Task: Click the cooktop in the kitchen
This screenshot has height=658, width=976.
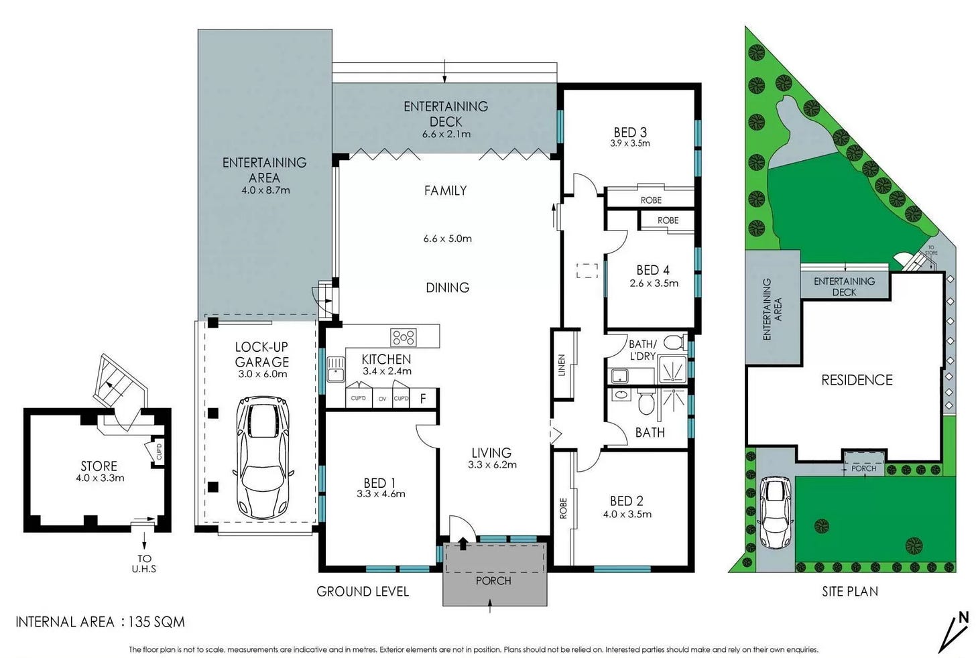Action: click(x=404, y=337)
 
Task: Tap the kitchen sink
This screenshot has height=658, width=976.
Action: click(x=335, y=369)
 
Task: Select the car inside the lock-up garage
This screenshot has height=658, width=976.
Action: click(x=262, y=457)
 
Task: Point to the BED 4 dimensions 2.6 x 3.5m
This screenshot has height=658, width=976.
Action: click(x=654, y=283)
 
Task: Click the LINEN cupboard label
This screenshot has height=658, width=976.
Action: click(x=561, y=365)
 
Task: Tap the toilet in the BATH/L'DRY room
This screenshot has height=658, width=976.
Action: click(x=674, y=342)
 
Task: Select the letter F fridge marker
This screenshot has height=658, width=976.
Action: click(x=422, y=399)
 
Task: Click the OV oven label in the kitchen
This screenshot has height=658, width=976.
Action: click(x=382, y=399)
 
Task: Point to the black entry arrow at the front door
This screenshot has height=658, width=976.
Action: click(x=463, y=544)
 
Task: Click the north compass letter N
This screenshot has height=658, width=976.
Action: click(x=963, y=618)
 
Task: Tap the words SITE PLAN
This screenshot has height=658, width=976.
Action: click(x=850, y=592)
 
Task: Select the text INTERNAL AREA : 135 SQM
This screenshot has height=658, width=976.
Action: click(x=101, y=622)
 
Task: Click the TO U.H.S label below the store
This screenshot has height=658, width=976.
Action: click(x=144, y=564)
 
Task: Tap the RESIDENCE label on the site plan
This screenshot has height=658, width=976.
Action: click(x=857, y=380)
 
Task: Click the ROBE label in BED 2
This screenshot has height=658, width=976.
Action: click(x=563, y=508)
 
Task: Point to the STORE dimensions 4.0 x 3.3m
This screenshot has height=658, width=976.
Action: click(x=100, y=478)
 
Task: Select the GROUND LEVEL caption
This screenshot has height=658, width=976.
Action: click(x=363, y=592)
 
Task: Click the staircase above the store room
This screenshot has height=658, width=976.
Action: click(x=114, y=384)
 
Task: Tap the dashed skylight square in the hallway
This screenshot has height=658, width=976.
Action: click(x=587, y=271)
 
